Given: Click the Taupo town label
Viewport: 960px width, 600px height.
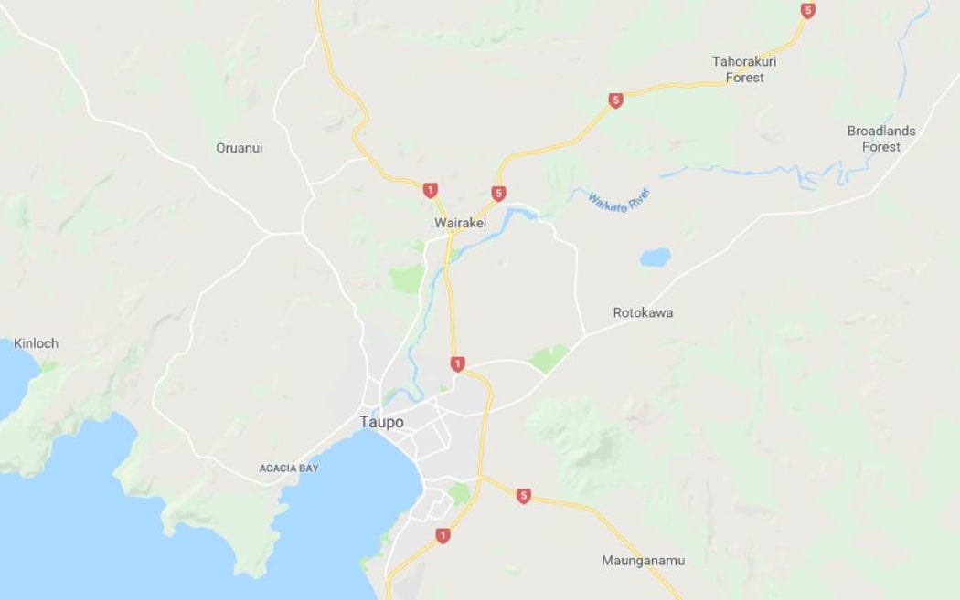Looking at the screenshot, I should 380,422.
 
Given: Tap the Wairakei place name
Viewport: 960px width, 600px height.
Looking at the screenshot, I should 460,223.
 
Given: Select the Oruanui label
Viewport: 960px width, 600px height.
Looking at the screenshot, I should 239,148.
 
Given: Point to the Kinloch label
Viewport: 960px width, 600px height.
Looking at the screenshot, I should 36,343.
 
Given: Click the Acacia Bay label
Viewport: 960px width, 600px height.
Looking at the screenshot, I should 289,468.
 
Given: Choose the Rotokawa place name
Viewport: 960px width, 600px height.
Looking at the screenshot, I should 643,312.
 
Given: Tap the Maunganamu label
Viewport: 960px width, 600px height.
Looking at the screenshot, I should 643,561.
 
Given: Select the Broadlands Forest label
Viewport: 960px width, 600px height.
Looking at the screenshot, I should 881,139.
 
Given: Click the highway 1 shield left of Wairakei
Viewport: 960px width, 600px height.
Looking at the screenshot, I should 430,190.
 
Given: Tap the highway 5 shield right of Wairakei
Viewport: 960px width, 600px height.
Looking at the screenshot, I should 498,194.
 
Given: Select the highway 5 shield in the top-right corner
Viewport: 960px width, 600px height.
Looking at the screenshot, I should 807,11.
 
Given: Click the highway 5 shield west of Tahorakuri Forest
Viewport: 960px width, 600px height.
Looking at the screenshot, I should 615,100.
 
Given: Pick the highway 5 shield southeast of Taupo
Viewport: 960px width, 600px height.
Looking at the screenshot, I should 523,496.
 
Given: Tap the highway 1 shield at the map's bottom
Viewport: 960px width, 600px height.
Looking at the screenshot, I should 443,536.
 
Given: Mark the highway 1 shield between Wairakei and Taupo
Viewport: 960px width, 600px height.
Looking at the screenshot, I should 457,364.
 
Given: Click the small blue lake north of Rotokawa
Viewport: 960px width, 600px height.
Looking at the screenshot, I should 655,258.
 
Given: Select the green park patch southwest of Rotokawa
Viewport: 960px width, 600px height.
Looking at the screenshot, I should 549,358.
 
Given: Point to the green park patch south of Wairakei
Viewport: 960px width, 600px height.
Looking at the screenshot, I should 408,279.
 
